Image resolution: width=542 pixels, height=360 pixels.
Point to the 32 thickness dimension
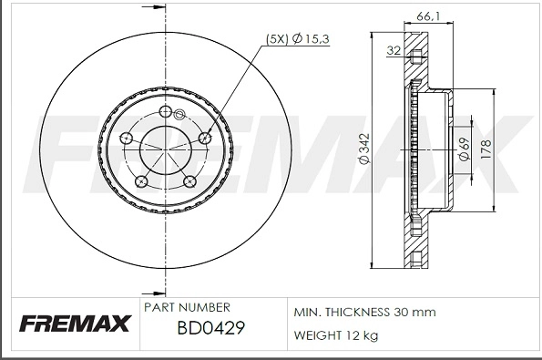click(394, 51)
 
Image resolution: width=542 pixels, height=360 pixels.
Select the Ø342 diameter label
click(363, 149)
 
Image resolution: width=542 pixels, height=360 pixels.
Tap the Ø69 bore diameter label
click(465, 149)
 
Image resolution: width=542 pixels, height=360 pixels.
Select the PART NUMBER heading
click(187, 307)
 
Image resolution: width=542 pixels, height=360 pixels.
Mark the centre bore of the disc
click(165, 149)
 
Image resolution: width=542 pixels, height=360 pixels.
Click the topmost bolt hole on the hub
click(165, 111)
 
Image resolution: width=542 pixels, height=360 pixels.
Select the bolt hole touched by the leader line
click(203, 138)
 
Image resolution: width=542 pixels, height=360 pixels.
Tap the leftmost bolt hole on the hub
click(127, 139)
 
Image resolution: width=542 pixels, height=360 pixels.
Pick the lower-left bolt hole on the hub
click(141, 182)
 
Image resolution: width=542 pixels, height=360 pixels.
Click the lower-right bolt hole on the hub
click(189, 181)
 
